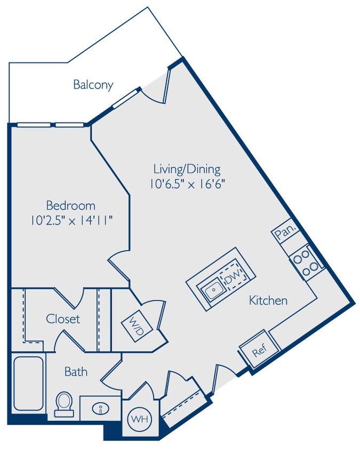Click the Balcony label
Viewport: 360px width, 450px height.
click(93, 84)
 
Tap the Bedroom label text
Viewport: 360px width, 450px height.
click(70, 205)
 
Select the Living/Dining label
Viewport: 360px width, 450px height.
click(187, 170)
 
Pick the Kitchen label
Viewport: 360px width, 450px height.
click(268, 301)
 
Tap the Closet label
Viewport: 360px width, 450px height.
click(63, 319)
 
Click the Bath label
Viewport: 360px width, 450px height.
click(76, 371)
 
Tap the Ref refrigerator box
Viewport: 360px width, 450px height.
click(259, 352)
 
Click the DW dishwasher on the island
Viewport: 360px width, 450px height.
click(234, 277)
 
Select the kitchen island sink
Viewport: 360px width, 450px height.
click(213, 290)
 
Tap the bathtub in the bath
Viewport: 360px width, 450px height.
click(28, 384)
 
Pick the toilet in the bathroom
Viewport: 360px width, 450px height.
click(64, 404)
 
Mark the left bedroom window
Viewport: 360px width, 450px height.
click(33, 125)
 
